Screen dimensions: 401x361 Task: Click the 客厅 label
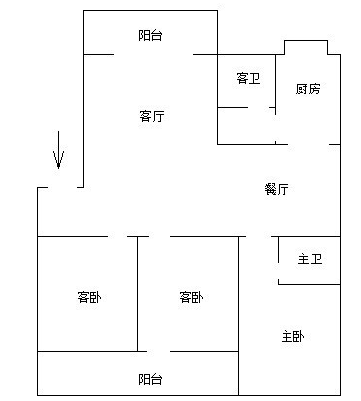[151, 116]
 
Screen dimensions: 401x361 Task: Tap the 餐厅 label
[276, 189]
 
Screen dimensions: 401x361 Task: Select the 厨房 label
[307, 89]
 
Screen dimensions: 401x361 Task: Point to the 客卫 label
[248, 78]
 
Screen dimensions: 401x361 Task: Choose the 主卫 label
[310, 259]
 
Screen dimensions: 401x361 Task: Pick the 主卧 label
[292, 337]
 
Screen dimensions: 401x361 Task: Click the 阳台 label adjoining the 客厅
[150, 35]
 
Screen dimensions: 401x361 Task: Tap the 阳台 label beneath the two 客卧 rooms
[150, 378]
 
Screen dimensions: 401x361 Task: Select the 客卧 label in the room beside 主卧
[191, 297]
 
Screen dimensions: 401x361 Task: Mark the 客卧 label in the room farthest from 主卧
[89, 297]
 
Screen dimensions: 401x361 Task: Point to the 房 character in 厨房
[314, 89]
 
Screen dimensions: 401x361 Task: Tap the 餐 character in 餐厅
[270, 189]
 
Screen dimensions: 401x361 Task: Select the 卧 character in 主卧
[298, 337]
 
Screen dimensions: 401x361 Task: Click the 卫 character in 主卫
[316, 259]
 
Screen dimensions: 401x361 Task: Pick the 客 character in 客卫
[242, 78]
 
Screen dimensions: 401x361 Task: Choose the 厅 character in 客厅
[157, 116]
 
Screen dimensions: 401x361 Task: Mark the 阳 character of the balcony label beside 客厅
[144, 35]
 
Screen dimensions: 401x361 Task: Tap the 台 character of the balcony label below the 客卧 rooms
[157, 378]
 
